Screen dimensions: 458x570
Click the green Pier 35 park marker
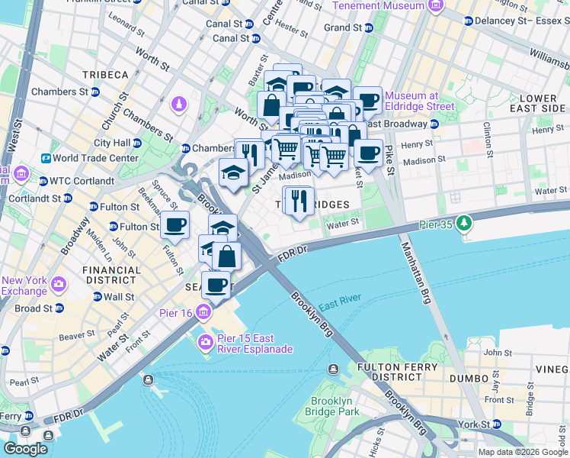coord(461,224)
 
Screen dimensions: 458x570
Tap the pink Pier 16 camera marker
coord(203,311)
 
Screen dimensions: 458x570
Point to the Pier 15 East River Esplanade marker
coord(205,341)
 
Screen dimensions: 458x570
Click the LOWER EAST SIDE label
coord(538,104)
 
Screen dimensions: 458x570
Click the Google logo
coord(25,448)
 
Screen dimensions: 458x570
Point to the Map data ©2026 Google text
coord(523,452)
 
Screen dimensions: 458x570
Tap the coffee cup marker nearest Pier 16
coord(216,285)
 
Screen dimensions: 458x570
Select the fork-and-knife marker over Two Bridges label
coord(298,201)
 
